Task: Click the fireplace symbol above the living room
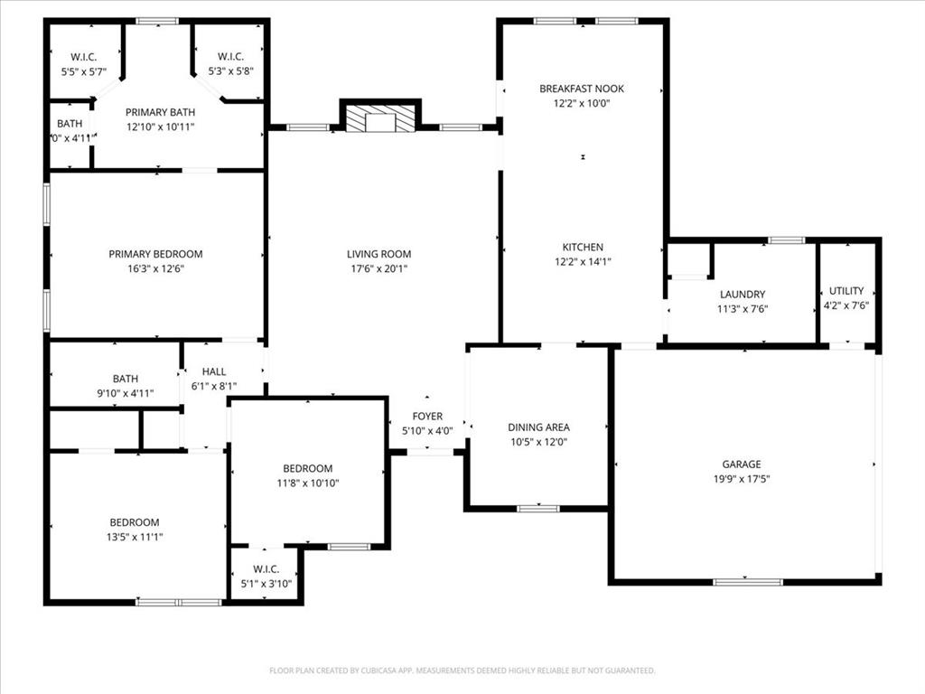(380, 118)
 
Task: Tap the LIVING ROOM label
(378, 254)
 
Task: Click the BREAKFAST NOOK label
(582, 89)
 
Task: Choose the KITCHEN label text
(583, 247)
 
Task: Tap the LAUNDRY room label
(743, 294)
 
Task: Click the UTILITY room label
(846, 291)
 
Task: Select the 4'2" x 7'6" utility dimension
(846, 305)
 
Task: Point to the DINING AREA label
(538, 427)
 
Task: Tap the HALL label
(214, 371)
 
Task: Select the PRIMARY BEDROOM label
(155, 254)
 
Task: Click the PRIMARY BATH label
(160, 112)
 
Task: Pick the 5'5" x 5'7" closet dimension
(84, 70)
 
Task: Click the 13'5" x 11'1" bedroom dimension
(135, 537)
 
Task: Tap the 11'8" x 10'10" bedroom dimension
(308, 483)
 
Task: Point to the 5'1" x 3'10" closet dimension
(266, 583)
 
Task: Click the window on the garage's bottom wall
(748, 582)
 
